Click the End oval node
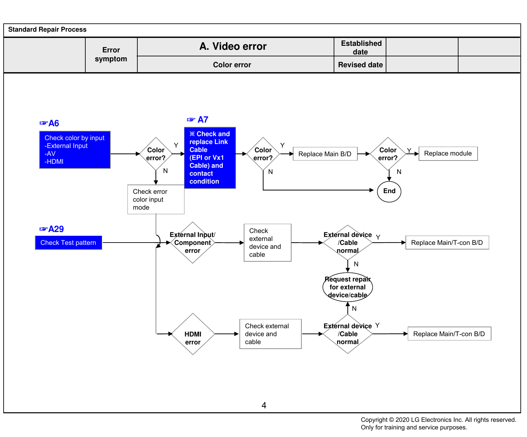[389, 191]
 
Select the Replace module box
[448, 154]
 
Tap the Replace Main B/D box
[325, 154]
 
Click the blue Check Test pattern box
[69, 243]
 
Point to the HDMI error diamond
[193, 334]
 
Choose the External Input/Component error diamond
[193, 243]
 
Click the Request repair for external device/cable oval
[347, 287]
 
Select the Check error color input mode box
[156, 199]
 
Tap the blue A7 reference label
[198, 120]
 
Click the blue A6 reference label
[49, 123]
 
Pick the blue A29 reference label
[51, 229]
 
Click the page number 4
[264, 405]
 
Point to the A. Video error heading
[233, 46]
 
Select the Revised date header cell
[360, 65]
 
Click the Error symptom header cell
[111, 55]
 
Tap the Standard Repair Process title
[47, 30]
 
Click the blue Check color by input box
[75, 150]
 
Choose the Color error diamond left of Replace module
[388, 154]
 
